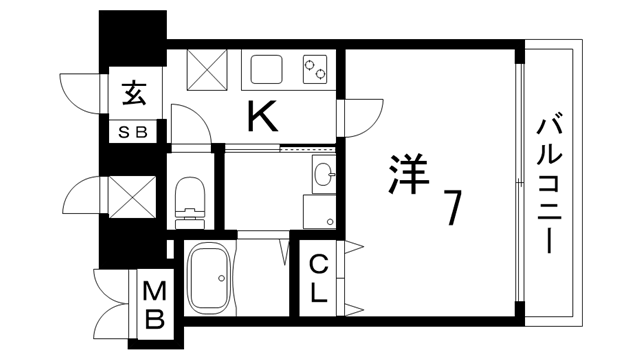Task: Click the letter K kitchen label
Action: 262,119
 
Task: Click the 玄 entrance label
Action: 133,96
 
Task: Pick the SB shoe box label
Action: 133,131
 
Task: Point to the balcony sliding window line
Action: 520,180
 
